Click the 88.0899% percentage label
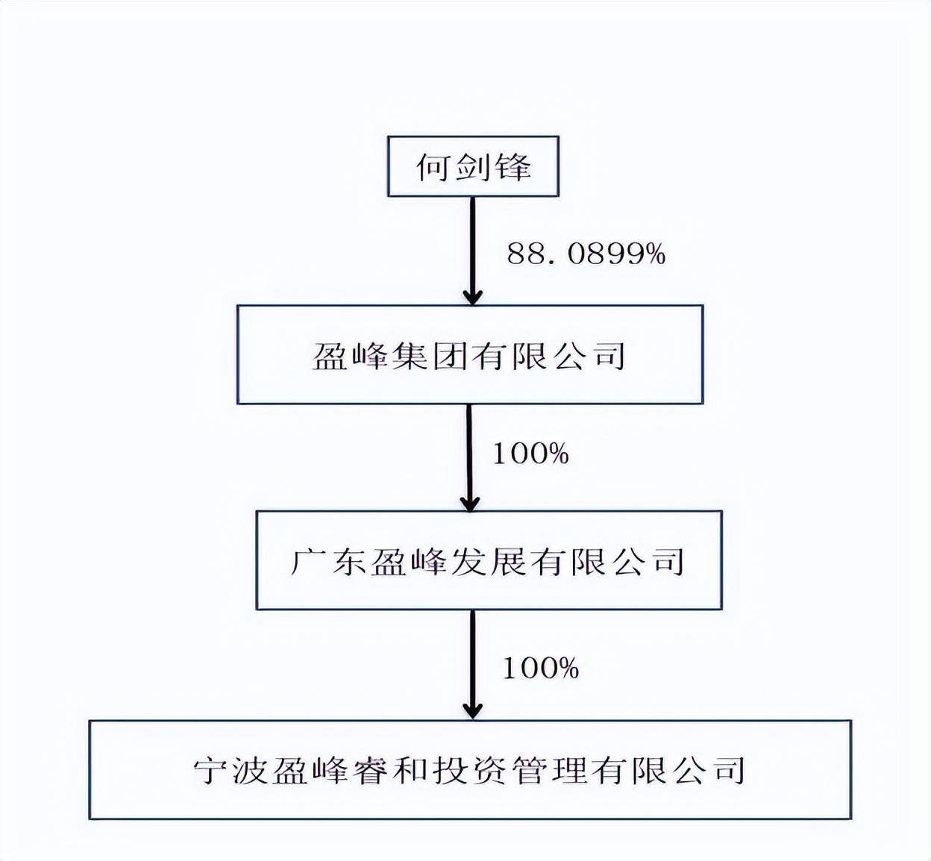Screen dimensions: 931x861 tap(586, 254)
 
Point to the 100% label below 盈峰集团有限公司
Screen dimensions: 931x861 tap(530, 454)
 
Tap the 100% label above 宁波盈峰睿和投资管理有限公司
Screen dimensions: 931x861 tap(541, 668)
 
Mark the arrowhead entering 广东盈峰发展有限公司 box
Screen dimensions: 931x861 tap(470, 503)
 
